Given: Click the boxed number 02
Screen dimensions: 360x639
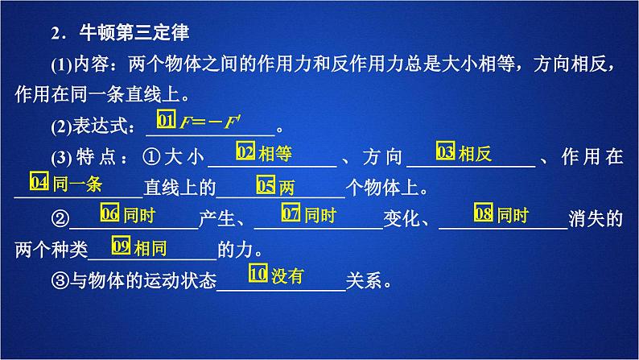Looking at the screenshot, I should point(245,151).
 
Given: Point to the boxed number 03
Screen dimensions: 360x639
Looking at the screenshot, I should point(445,151).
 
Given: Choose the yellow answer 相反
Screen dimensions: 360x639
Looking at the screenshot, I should point(474,151).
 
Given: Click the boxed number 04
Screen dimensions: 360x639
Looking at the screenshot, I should point(39,182).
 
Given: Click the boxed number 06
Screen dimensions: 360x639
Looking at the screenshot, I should point(109,213).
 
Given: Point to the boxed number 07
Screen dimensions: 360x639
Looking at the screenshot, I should point(291,213).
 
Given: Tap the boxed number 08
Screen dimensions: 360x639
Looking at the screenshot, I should point(483,213).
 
